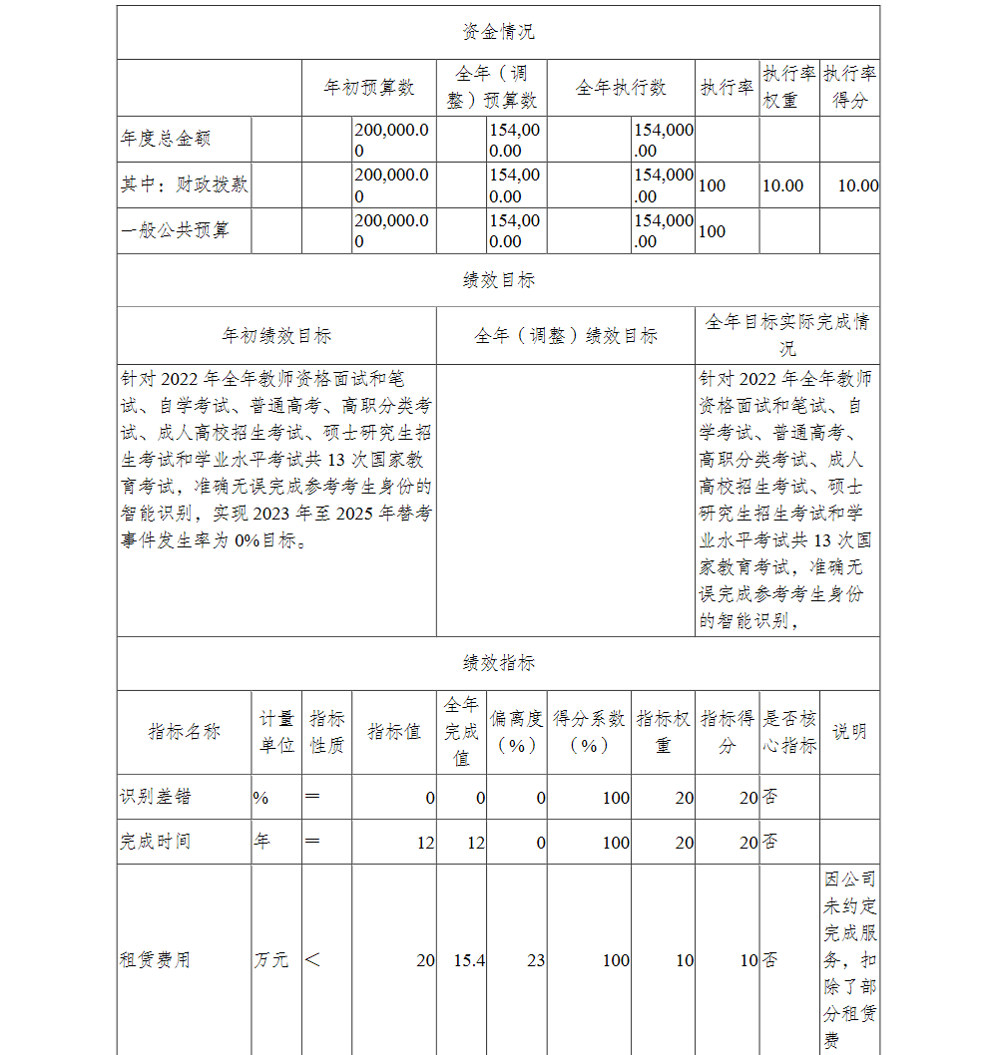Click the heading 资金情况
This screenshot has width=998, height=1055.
pos(498,32)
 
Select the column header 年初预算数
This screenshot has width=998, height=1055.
pos(369,88)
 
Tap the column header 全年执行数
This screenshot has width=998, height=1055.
pos(621,88)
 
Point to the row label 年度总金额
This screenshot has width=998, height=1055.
pos(166,139)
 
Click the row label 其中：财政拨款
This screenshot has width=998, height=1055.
pos(185,184)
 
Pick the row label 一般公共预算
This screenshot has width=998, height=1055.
pos(175,230)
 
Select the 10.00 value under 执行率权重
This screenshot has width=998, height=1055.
pos(782,185)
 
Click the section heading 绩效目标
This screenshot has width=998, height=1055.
pos(498,280)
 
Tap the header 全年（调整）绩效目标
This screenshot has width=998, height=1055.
pos(565,336)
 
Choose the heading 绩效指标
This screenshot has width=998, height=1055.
pos(498,663)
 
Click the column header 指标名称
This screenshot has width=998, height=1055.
pos(184,732)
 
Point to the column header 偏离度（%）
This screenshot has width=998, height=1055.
pos(516,732)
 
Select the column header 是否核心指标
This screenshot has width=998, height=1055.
pos(789,732)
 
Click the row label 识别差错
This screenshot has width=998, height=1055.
pos(156,797)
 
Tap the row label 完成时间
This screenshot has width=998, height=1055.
pos(156,842)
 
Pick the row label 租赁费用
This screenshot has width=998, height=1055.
pos(156,960)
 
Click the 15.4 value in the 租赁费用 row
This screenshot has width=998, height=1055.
pos(468,960)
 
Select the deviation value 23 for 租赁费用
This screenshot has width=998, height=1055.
pos(536,960)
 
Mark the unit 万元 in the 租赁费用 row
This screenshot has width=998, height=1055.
pos(271,960)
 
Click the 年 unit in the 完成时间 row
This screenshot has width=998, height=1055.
pos(262,842)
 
